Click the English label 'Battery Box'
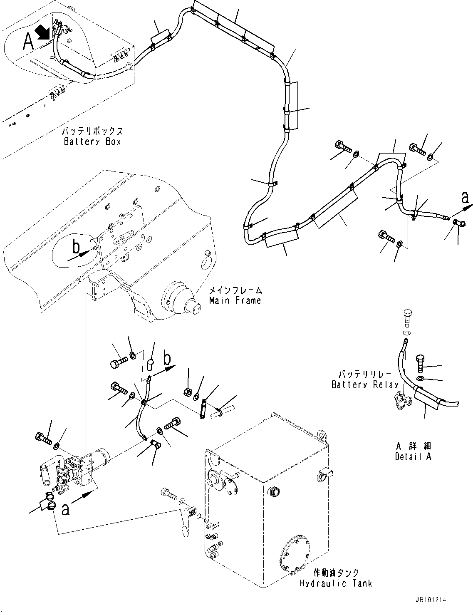(x=92, y=141)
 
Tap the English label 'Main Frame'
(x=235, y=300)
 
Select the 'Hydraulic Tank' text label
(x=336, y=583)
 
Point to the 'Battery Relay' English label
(x=365, y=385)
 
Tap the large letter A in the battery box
(x=28, y=42)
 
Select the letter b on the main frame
(x=76, y=247)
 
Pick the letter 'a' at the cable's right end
(x=465, y=198)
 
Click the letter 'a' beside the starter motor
(x=65, y=509)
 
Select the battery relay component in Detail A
(x=401, y=401)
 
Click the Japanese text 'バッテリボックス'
(x=92, y=131)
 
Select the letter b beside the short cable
(x=167, y=357)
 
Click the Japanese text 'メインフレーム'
(x=235, y=290)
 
